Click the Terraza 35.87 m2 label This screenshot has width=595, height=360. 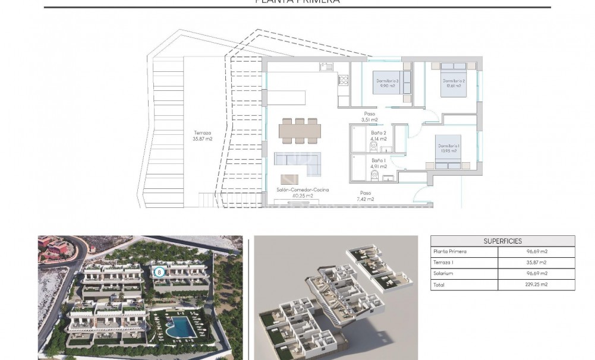click(202, 136)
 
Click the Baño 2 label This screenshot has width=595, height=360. click(379, 136)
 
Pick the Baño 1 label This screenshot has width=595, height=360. click(379, 163)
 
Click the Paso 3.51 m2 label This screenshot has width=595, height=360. click(370, 117)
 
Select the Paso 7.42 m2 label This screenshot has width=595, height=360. click(365, 196)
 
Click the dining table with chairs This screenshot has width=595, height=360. click(300, 130)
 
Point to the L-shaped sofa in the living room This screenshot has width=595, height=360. click(298, 162)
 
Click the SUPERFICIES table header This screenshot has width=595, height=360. click(502, 241)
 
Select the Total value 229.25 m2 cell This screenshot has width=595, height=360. click(533, 285)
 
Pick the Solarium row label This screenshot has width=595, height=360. click(444, 274)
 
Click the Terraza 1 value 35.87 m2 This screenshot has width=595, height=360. click(533, 263)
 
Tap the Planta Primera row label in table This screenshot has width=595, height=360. click(450, 252)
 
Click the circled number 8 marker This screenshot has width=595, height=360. click(159, 272)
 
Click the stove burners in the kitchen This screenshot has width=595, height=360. click(343, 80)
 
